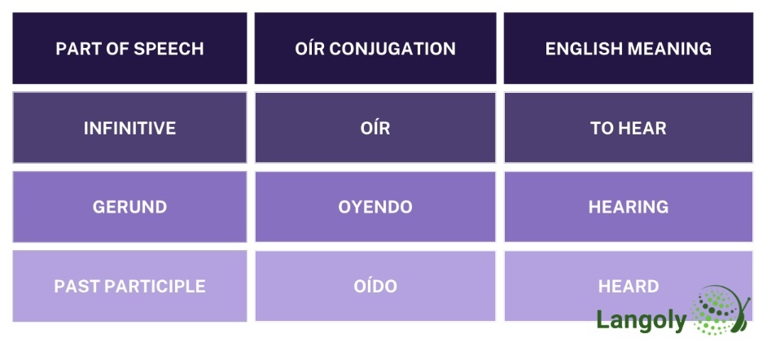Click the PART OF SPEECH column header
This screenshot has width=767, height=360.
(129, 49)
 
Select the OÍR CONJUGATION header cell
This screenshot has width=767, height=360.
(375, 49)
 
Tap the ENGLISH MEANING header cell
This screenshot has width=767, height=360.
(628, 49)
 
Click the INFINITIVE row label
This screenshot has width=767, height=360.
(129, 128)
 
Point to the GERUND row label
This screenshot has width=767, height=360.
(129, 207)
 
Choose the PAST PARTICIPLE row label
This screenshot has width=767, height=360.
(129, 286)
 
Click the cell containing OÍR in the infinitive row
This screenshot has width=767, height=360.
(375, 128)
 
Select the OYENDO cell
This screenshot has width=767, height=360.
(375, 207)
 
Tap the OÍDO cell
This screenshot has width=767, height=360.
(375, 286)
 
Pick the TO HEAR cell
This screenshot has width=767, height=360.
(628, 128)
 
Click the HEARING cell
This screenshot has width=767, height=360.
(628, 207)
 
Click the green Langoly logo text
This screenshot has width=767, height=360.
(641, 320)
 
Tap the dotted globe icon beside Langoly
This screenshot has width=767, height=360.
(720, 311)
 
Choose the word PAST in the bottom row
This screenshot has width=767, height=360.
(73, 286)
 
